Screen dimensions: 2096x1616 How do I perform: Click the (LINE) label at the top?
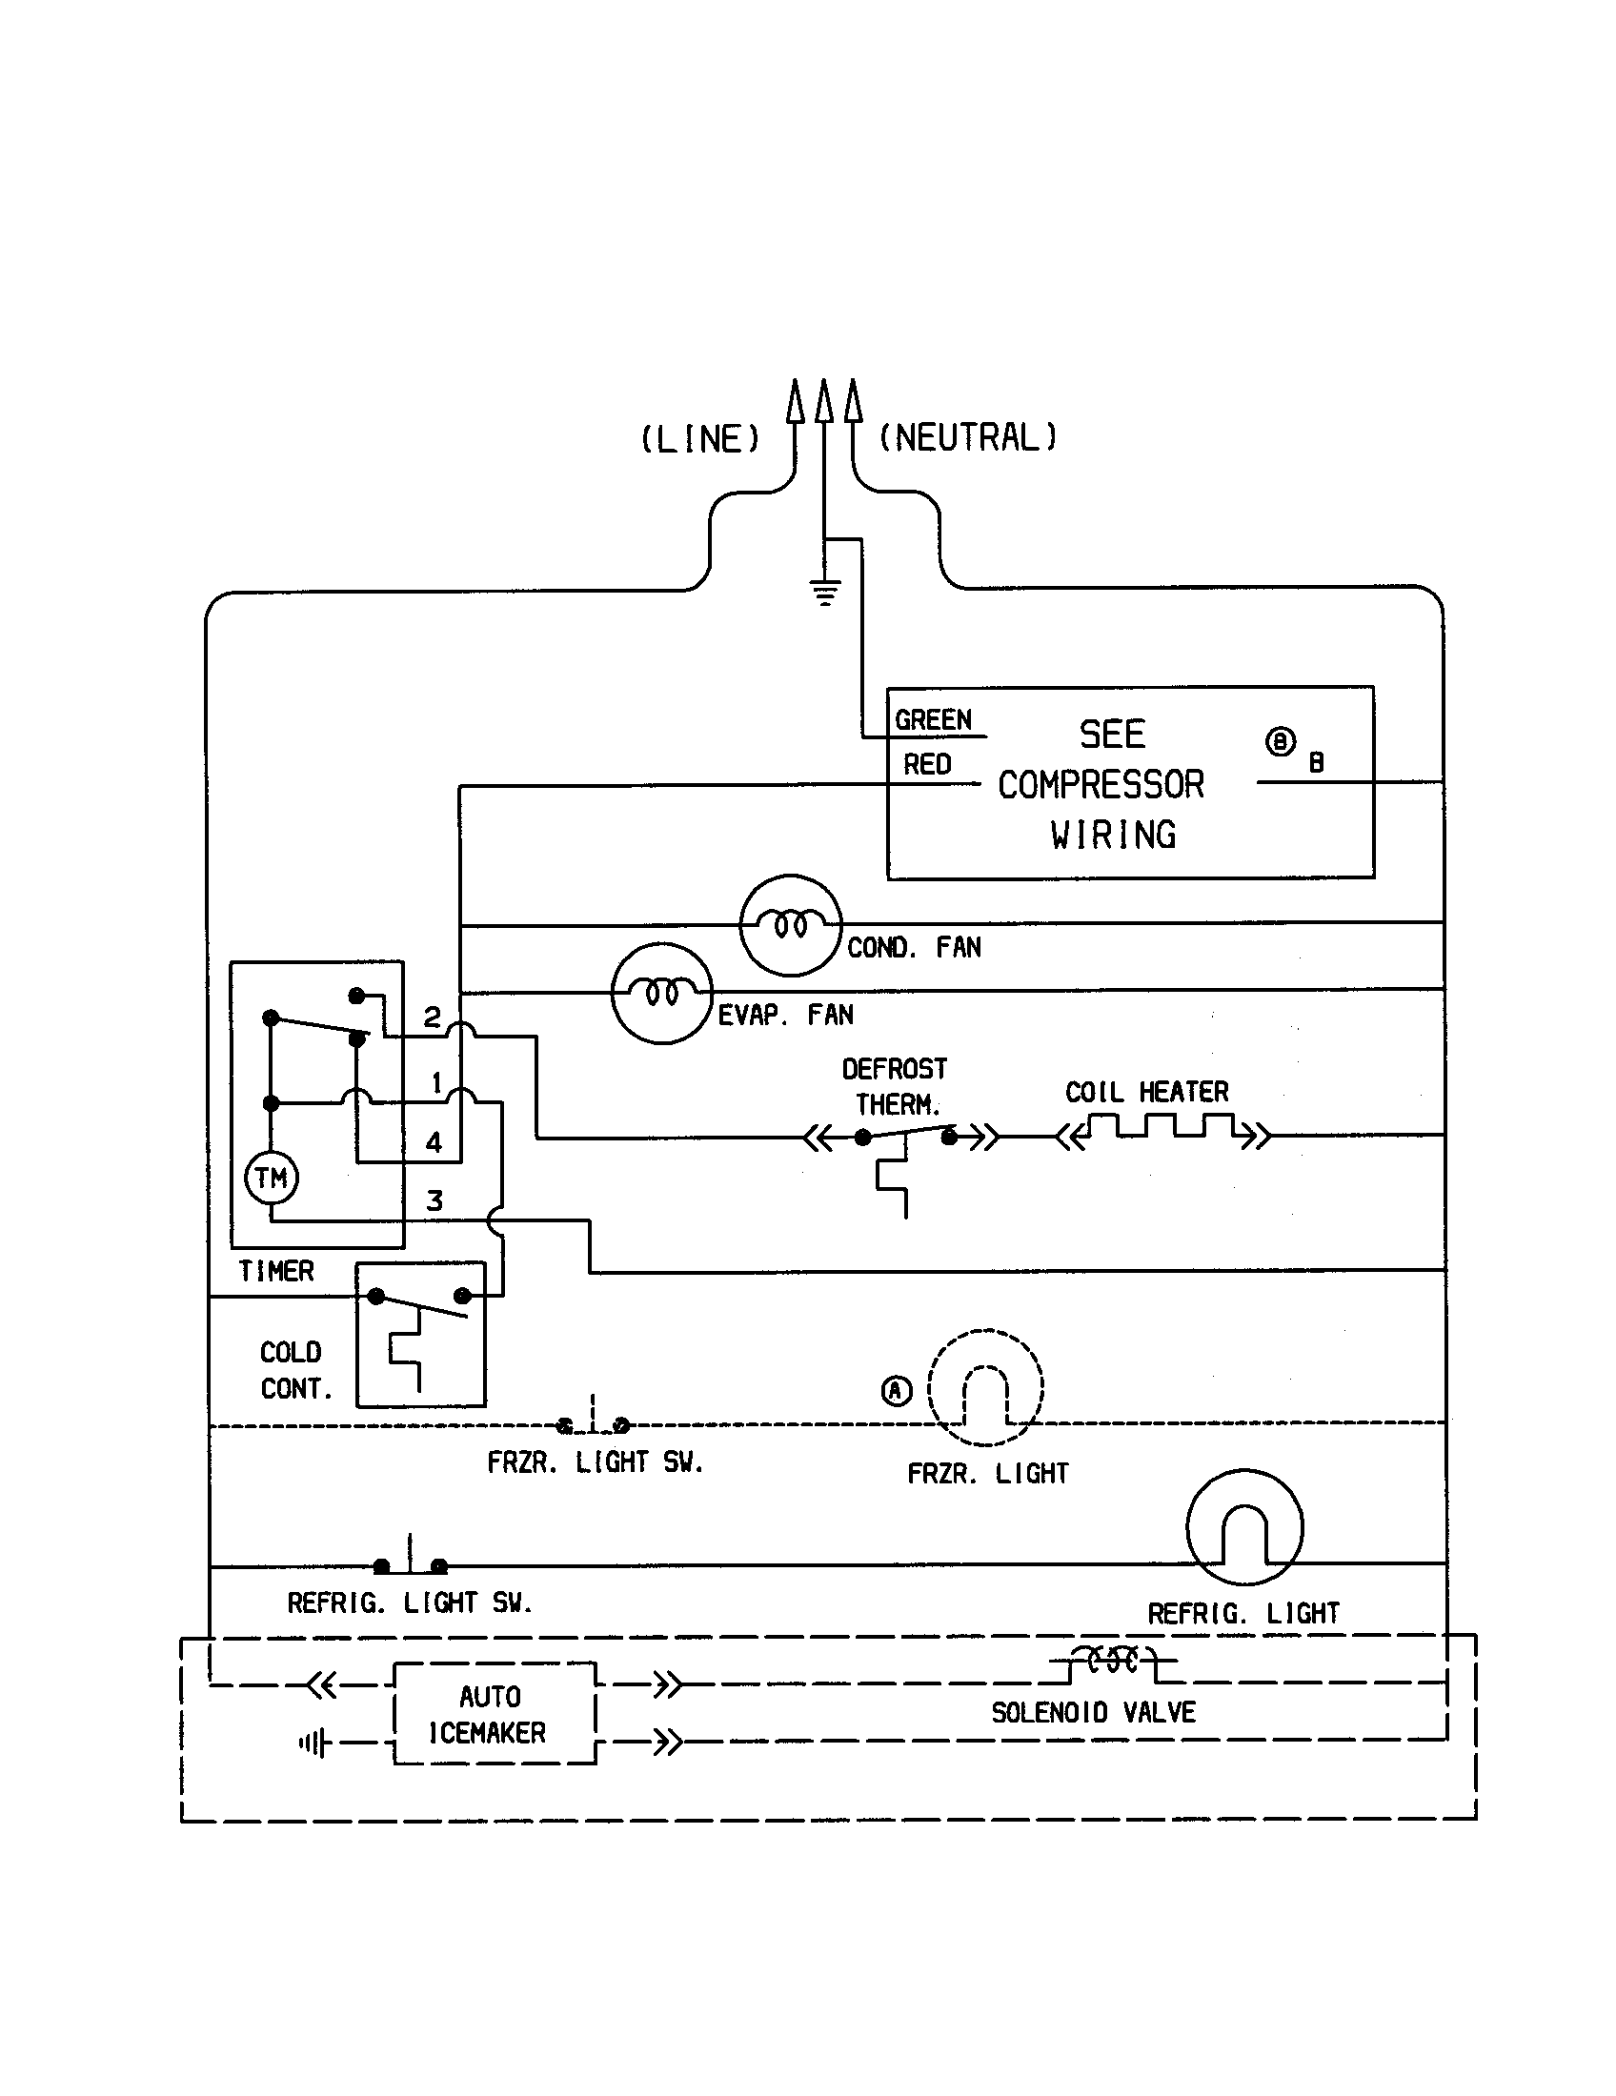(x=699, y=438)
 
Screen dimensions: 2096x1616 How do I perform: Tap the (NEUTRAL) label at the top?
(x=967, y=437)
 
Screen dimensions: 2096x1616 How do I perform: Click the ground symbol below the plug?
(x=825, y=593)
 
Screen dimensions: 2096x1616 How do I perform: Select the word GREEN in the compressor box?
(x=933, y=719)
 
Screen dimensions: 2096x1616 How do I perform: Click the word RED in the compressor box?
(x=927, y=765)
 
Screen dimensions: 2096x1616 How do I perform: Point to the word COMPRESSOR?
(x=1101, y=785)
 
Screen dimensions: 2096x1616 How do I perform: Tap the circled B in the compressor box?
(x=1281, y=742)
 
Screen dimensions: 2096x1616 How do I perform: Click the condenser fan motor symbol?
(x=790, y=925)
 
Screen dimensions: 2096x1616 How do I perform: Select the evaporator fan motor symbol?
(x=661, y=993)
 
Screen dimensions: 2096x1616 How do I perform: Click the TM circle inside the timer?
(x=272, y=1178)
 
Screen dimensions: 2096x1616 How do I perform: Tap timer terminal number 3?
(x=434, y=1200)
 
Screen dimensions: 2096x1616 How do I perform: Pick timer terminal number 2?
(x=433, y=1018)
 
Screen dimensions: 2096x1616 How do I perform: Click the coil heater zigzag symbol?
(x=1163, y=1128)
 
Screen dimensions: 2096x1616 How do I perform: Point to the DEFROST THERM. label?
(x=895, y=1087)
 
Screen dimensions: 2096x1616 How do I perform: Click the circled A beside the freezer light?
(x=897, y=1391)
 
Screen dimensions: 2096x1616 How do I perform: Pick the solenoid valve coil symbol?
(x=1112, y=1660)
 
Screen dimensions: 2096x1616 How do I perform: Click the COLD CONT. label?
(x=294, y=1370)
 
